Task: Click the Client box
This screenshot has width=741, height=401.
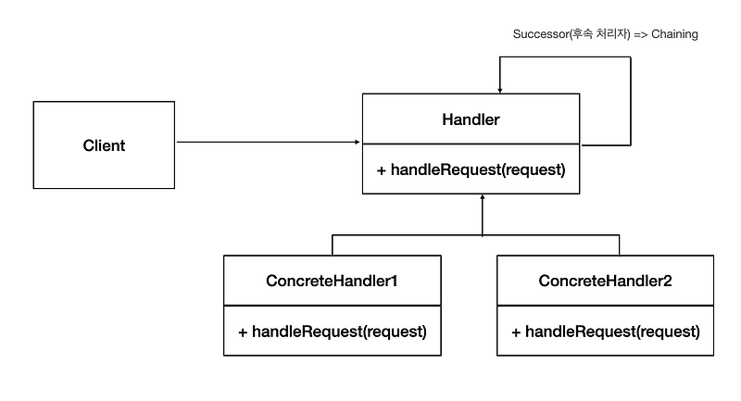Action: [x=104, y=145]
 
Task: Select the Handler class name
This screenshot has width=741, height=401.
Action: [x=472, y=120]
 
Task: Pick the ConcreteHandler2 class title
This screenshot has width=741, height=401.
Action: [x=605, y=280]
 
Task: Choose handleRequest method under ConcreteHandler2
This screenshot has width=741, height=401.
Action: [x=612, y=331]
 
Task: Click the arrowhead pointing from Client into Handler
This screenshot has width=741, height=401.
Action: [x=357, y=143]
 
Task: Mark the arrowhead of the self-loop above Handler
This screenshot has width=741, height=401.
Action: [x=500, y=90]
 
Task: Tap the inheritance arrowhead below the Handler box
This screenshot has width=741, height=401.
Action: [x=482, y=198]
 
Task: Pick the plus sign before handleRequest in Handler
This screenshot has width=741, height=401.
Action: [x=381, y=169]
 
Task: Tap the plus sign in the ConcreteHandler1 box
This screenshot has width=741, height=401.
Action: [x=243, y=331]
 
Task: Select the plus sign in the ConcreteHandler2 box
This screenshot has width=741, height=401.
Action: [x=515, y=331]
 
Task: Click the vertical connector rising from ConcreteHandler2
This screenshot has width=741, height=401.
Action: [x=619, y=245]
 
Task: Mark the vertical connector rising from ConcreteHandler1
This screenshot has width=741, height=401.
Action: [x=333, y=245]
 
